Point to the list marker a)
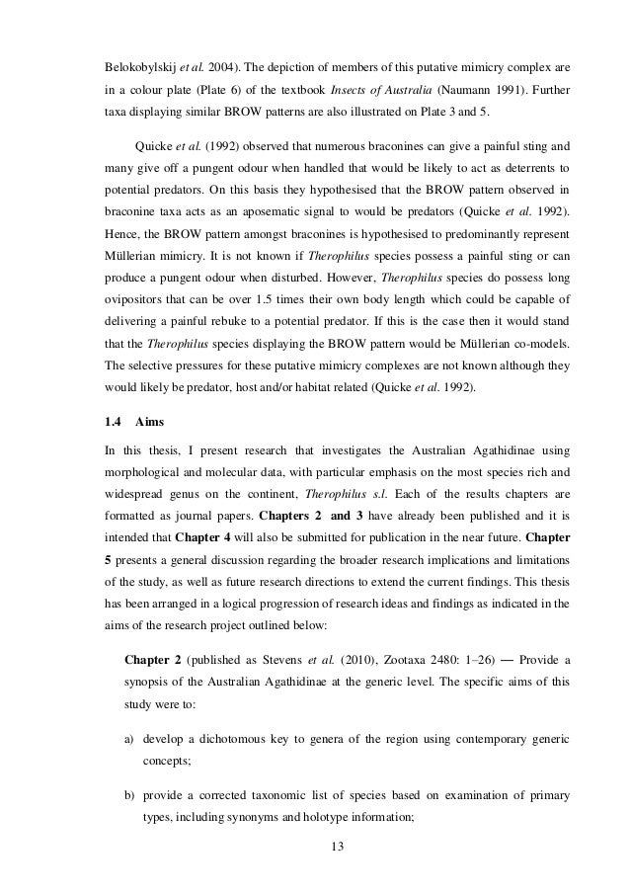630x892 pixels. pos(130,736)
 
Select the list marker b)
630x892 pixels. pos(130,793)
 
